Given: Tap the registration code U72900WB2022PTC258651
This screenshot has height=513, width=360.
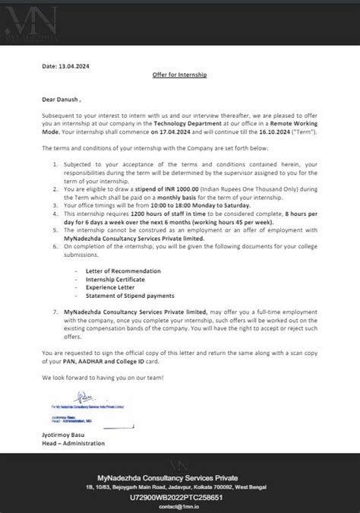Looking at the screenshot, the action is click(x=180, y=493).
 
